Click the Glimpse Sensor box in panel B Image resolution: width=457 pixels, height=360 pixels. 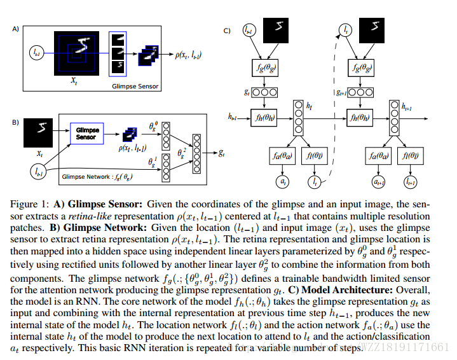[86, 135]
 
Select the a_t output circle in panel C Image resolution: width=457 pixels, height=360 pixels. [283, 182]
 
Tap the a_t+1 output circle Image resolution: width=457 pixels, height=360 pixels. [379, 182]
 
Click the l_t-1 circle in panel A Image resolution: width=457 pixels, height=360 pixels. [35, 55]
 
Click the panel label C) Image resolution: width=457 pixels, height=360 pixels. [227, 30]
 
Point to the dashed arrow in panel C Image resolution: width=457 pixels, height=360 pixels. [332, 114]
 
